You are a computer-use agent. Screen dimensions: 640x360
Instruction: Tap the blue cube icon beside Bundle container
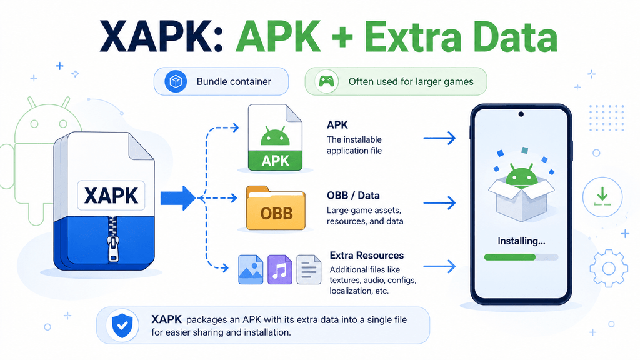click(176, 81)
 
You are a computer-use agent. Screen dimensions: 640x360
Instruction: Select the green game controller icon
click(326, 81)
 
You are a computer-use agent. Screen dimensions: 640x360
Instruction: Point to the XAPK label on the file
click(111, 196)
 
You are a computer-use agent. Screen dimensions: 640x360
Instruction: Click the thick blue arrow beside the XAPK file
click(178, 198)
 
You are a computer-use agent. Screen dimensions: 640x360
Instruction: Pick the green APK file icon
click(275, 137)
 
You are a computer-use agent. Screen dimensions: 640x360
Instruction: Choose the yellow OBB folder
click(276, 208)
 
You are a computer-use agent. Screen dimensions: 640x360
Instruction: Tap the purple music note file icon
click(280, 269)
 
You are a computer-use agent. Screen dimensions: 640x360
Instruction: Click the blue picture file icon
click(251, 269)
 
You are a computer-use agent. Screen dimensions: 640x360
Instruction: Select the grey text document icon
click(309, 269)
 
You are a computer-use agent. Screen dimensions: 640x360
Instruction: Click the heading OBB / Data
click(354, 196)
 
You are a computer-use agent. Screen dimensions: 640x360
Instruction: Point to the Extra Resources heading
click(366, 256)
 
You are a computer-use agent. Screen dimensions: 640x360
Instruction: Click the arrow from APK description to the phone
click(439, 138)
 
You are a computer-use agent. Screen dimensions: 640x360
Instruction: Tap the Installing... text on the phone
click(521, 241)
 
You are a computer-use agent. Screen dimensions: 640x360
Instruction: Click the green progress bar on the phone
click(510, 257)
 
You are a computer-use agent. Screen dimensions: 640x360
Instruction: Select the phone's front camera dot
click(521, 114)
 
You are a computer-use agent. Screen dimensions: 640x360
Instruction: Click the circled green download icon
click(602, 197)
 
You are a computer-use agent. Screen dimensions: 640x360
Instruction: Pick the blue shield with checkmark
click(122, 325)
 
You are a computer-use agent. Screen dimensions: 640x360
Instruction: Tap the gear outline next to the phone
click(609, 268)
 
